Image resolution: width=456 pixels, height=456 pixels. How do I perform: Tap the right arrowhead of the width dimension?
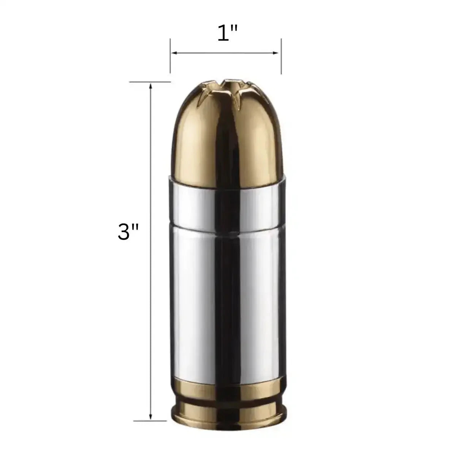(277, 53)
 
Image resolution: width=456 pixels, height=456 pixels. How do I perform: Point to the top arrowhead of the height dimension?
(151, 86)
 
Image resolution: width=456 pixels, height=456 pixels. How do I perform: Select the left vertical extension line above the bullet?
(170, 61)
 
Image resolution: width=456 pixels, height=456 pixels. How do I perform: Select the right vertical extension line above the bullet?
(281, 61)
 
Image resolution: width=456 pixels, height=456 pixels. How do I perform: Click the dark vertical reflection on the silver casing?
(224, 304)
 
